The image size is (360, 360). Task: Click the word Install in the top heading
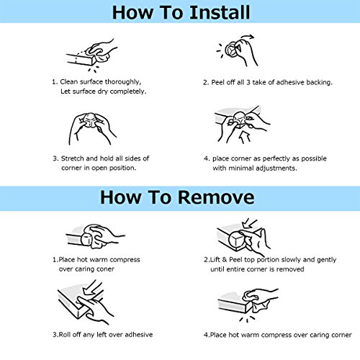pos(220,12)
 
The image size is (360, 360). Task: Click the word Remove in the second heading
pos(216,197)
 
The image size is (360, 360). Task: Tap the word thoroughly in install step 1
pos(123,82)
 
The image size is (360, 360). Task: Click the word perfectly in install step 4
pos(276,158)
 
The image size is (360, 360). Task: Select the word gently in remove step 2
pos(326,260)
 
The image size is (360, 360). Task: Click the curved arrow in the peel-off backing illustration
pos(247,37)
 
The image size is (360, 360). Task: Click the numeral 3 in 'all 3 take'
pos(248,82)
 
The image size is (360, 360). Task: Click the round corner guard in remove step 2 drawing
pos(237,240)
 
